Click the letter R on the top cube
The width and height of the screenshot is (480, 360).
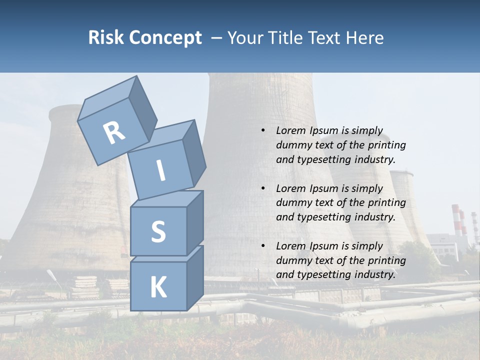click(114, 133)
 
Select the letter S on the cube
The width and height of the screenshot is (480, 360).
click(158, 231)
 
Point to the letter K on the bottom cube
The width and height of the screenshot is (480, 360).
click(158, 287)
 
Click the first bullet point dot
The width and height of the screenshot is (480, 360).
click(263, 130)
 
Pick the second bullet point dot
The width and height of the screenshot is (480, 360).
click(263, 188)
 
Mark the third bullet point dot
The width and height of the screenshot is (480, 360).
click(263, 246)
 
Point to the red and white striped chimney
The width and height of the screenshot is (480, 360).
click(456, 219)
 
